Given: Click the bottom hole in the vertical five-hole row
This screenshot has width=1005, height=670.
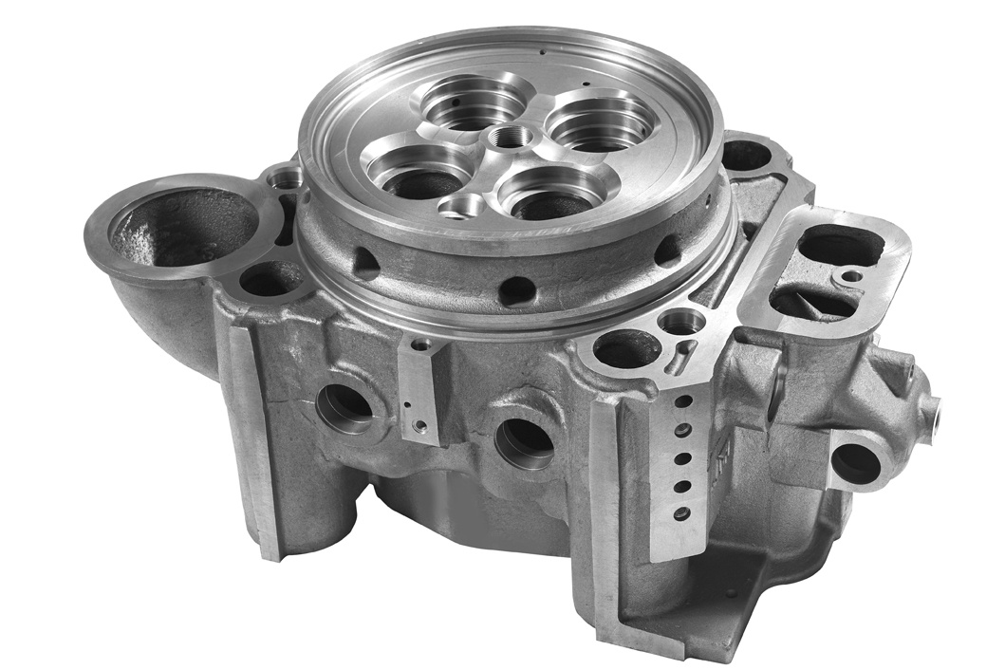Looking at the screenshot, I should point(681,513).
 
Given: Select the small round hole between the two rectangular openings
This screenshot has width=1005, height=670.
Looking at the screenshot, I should point(851,276).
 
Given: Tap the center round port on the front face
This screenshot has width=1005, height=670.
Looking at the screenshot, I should point(524,440).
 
